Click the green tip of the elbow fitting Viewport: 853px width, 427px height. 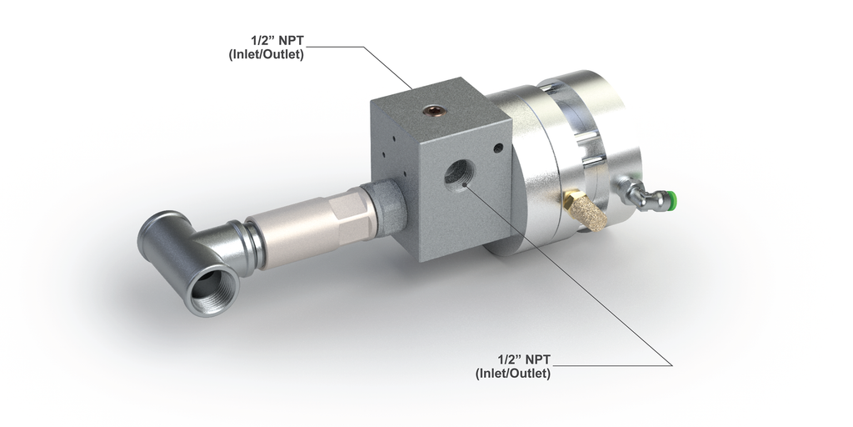671,199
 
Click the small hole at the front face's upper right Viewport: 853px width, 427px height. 498,148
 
